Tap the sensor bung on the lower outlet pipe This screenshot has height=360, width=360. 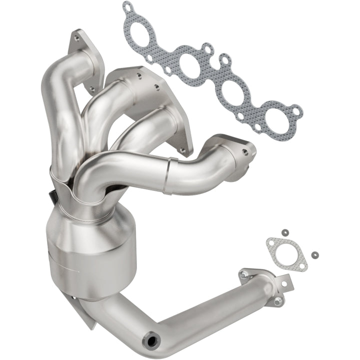pyautogui.click(x=150, y=341)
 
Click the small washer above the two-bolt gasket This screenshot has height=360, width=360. pyautogui.click(x=284, y=232)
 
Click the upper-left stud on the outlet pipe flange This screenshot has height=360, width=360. pyautogui.click(x=243, y=274)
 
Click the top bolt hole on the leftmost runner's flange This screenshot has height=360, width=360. pyautogui.click(x=76, y=36)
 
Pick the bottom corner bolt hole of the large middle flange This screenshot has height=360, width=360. pyautogui.click(x=182, y=150)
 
